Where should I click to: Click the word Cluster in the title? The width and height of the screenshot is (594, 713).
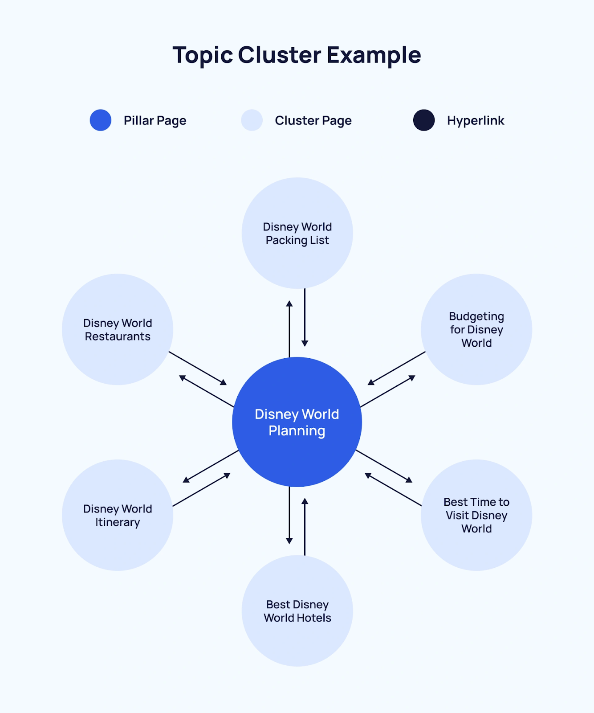[x=279, y=55]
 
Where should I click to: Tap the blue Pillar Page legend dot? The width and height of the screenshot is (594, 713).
[x=101, y=120]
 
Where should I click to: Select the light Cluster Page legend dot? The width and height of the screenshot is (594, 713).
[x=252, y=120]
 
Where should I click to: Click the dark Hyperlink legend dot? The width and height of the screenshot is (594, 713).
[x=424, y=120]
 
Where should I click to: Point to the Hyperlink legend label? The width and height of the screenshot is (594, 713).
[x=476, y=120]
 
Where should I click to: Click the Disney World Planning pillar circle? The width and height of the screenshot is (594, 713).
[x=297, y=422]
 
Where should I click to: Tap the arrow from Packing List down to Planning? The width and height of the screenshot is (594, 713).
[x=305, y=317]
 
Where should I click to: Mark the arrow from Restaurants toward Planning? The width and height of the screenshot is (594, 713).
[x=198, y=368]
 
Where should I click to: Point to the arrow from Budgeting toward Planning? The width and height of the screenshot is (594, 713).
[x=396, y=368]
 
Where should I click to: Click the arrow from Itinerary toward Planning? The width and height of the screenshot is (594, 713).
[x=201, y=489]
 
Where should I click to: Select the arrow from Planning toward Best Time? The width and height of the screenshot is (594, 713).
[x=384, y=466]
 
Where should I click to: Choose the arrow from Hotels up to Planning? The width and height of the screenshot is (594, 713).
[x=305, y=527]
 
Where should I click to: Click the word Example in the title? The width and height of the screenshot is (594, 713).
[x=374, y=55]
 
